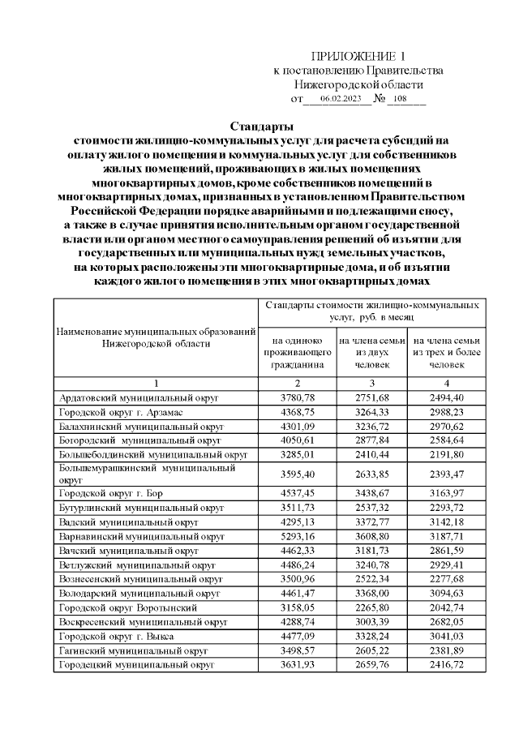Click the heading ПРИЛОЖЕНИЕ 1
point(358,56)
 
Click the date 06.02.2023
point(340,99)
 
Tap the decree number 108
point(397,99)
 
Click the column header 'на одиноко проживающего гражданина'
point(298,353)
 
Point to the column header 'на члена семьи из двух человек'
point(372,353)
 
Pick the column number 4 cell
point(446,383)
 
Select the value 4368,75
point(298,412)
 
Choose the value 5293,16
point(298,536)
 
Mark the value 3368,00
point(372,593)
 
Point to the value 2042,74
point(446,607)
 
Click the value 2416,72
point(446,664)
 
